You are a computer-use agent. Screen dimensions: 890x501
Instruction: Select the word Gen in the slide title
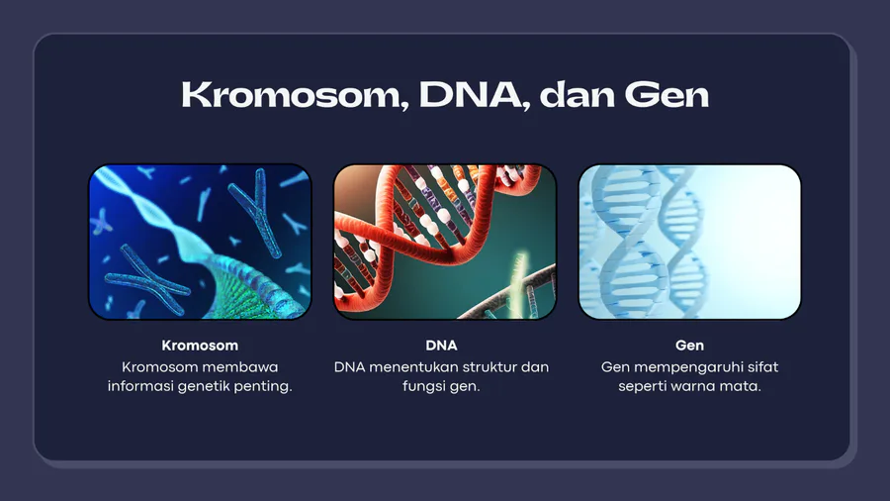point(667,95)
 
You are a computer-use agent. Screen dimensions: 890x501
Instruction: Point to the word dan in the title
point(578,95)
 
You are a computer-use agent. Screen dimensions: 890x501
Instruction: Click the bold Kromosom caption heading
point(200,346)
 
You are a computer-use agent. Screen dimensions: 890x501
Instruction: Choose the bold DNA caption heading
point(441,346)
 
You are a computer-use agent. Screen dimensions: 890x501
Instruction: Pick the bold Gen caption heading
point(689,346)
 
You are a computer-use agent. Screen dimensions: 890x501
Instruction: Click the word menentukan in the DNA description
point(413,367)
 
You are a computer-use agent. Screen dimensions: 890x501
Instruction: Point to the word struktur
point(489,367)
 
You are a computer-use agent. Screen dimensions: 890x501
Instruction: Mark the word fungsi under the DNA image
point(420,386)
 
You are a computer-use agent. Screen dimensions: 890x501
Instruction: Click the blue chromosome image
point(200,242)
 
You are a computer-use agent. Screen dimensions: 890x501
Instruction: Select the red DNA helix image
point(445,242)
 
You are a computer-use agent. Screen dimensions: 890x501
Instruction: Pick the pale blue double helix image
point(689,242)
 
